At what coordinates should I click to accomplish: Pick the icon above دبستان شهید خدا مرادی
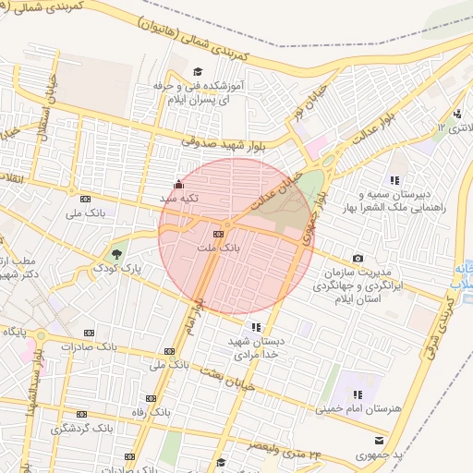tap(255, 326)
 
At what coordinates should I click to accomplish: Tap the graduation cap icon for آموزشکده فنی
tap(196, 72)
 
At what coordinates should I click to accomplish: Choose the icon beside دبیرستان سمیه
tap(394, 179)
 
